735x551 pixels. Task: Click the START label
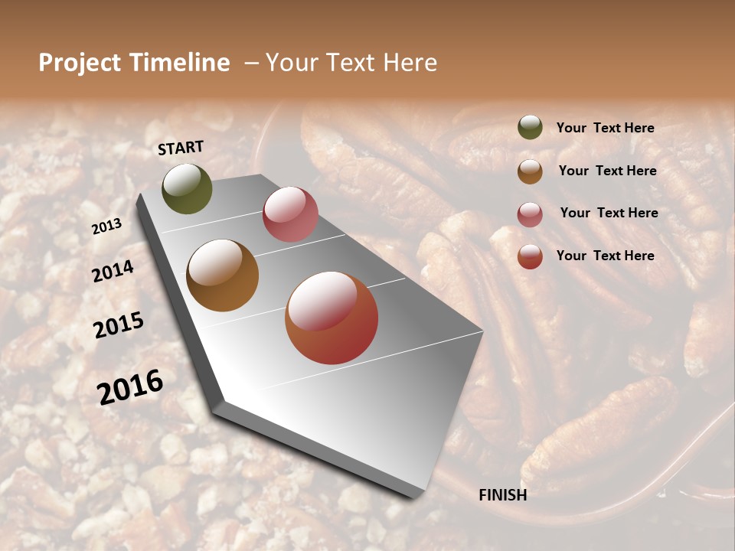coord(181,148)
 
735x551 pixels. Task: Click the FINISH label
coord(502,495)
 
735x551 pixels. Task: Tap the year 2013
coord(106,227)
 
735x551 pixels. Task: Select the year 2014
coord(113,272)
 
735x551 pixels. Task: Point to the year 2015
coord(118,325)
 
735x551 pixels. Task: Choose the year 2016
coord(130,387)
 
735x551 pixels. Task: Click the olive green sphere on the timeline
coord(187,188)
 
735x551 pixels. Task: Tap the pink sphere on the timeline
coord(290,214)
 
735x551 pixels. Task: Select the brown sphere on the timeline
coord(223,275)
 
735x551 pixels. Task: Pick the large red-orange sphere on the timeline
coord(332,318)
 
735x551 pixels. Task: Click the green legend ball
coord(530,128)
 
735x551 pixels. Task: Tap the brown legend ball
coord(530,171)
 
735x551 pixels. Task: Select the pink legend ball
coord(530,214)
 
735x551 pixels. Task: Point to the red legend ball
coord(530,256)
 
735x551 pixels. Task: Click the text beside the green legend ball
coord(605,129)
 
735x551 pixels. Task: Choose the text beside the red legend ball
coord(605,256)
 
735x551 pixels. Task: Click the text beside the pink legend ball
coord(609,213)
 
